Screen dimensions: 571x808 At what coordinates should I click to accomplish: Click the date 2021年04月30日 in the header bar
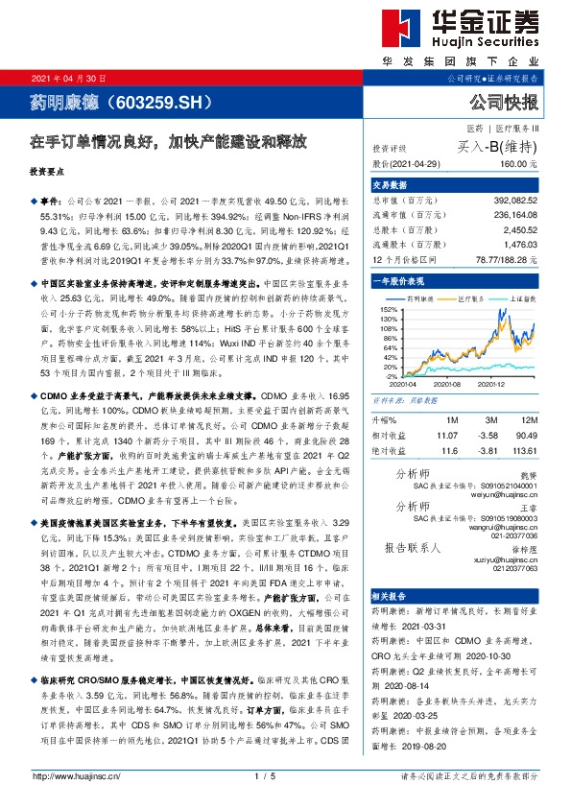69,78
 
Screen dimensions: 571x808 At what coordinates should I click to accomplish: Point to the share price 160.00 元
517,165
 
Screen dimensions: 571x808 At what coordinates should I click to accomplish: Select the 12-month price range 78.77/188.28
504,260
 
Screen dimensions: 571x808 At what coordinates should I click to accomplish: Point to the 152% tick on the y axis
387,310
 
